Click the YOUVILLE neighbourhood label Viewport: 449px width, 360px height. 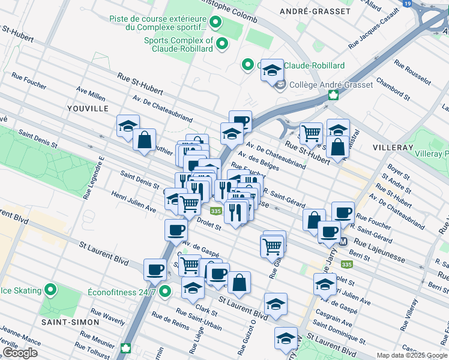88,108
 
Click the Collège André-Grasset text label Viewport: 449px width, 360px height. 331,85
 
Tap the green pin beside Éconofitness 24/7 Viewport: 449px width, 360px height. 166,292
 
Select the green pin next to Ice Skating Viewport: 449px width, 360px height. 52,291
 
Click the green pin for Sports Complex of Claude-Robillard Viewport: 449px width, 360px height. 222,43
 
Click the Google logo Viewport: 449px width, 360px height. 20,353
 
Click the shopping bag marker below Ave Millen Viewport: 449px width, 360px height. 145,140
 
